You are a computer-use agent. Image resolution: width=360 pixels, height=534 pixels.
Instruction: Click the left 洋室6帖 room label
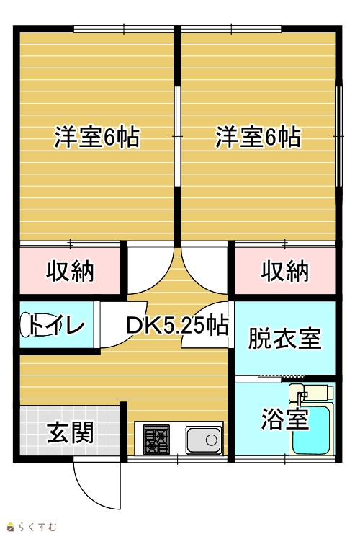coord(97,137)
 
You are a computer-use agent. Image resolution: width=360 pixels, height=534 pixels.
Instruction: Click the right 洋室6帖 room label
coord(258,137)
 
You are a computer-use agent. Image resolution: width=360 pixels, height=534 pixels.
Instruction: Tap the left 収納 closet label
coord(70,271)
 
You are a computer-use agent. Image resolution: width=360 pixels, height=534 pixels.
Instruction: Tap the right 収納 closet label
coord(285,271)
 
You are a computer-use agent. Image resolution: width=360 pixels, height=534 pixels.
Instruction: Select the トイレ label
coord(56,325)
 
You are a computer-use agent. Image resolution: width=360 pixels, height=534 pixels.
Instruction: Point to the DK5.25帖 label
coord(177,326)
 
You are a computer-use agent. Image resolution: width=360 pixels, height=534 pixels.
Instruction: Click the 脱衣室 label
coord(285,338)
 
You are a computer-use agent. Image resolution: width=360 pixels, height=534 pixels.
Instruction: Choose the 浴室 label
coord(285,419)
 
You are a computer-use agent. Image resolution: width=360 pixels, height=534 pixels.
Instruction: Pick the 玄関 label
coord(70,433)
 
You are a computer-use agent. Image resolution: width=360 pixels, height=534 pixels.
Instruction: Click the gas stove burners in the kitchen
coord(156,440)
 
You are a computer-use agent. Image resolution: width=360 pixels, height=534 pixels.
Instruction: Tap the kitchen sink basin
coord(204,440)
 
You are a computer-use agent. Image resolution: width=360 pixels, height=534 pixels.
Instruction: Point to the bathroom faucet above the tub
coord(300,397)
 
